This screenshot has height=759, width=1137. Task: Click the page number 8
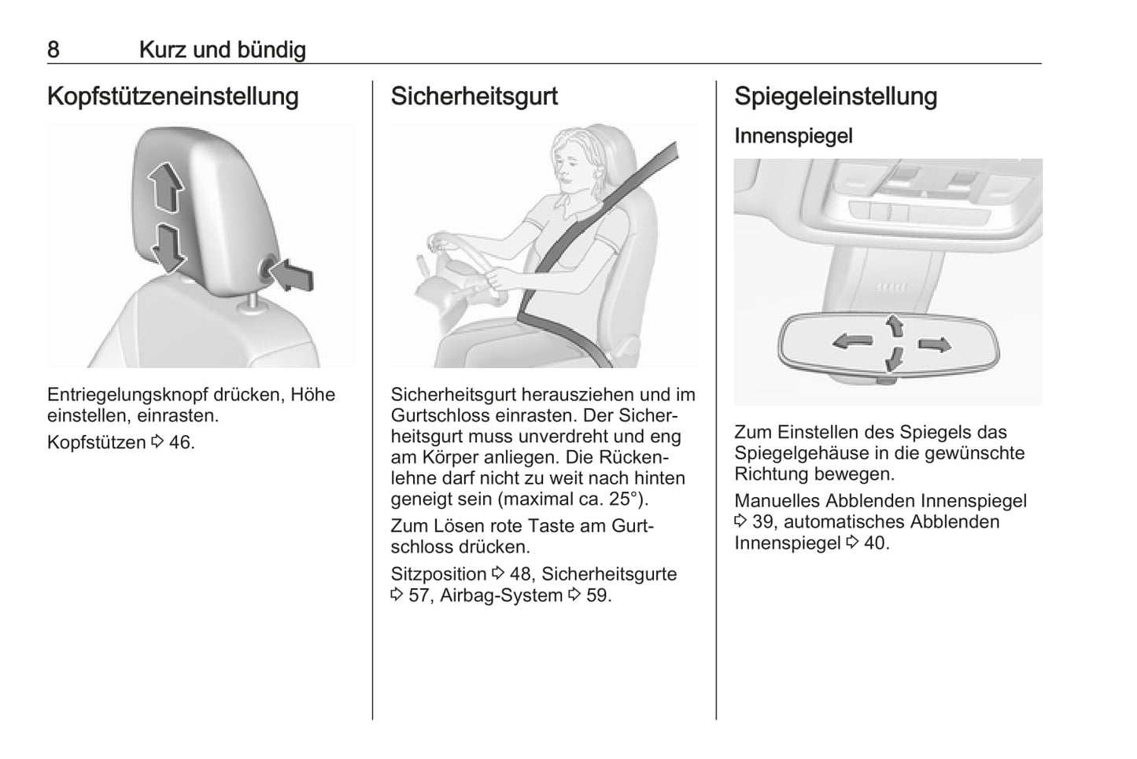click(54, 50)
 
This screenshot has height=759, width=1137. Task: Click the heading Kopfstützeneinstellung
click(173, 97)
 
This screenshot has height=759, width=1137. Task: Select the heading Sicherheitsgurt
click(474, 97)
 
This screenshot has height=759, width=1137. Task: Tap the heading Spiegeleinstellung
click(836, 97)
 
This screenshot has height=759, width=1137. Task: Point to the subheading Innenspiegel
click(793, 136)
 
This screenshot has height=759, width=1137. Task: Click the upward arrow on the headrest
click(165, 187)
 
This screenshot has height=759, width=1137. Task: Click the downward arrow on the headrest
click(168, 248)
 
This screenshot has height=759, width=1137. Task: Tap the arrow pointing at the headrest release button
click(291, 275)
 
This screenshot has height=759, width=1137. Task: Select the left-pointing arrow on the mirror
click(853, 341)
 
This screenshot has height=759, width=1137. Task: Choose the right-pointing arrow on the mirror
click(935, 344)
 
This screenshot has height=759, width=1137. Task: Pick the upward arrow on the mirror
click(895, 326)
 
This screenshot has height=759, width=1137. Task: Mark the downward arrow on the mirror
click(894, 359)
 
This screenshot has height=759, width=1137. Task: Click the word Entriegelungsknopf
click(127, 395)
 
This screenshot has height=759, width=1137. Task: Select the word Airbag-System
click(501, 595)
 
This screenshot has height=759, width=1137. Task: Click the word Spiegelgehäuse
click(801, 453)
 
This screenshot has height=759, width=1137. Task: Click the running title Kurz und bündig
click(223, 50)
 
